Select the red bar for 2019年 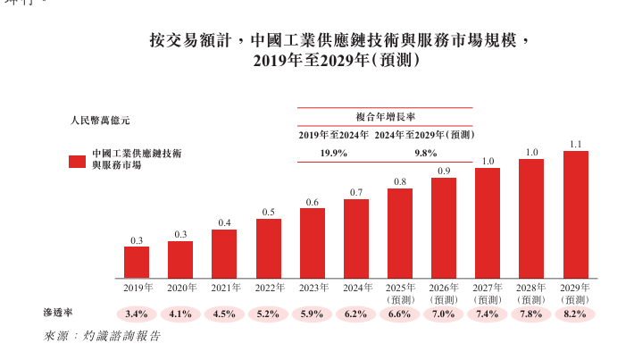[x=137, y=262]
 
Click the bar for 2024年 [x=356, y=238]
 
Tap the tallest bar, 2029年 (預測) [x=576, y=213]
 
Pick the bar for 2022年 [x=269, y=247]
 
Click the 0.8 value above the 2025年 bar [x=400, y=181]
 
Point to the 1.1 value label [x=576, y=144]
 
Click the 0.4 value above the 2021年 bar [x=224, y=222]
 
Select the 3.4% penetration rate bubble [x=137, y=314]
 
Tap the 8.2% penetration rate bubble [x=576, y=314]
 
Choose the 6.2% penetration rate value [x=356, y=314]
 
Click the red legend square [x=77, y=161]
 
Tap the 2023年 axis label [x=313, y=288]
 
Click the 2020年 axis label [x=181, y=288]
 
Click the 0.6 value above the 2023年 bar [x=313, y=202]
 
